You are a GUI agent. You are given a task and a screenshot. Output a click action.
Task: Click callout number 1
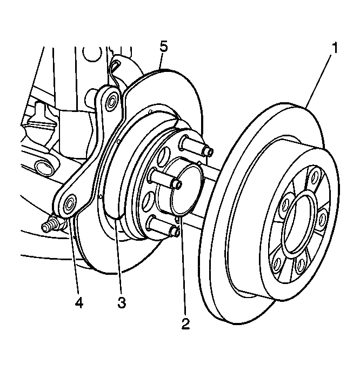pos(335,48)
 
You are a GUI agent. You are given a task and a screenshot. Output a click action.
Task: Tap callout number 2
pos(185,324)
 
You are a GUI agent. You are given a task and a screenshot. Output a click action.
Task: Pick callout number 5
pos(164,46)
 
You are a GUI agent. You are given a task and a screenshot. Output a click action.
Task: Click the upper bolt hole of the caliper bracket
pos(112,101)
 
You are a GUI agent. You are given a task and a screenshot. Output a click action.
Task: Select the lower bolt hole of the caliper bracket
pos(69,204)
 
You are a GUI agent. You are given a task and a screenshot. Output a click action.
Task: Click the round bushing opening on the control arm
pos(40,164)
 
